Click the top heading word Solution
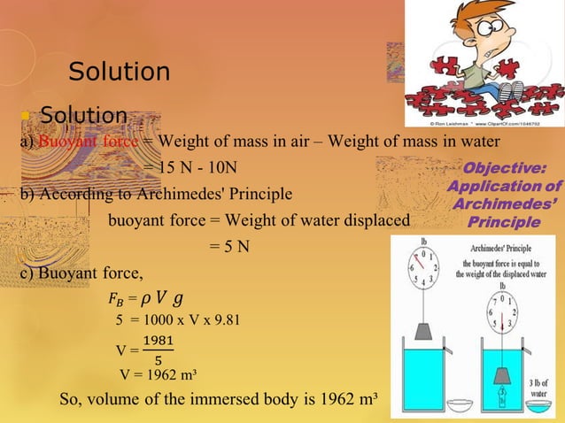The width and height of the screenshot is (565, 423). click(x=119, y=71)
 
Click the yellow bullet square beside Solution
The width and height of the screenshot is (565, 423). click(x=27, y=117)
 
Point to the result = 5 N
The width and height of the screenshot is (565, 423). click(x=229, y=246)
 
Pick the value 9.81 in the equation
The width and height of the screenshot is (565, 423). click(x=221, y=319)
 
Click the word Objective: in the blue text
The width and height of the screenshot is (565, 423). click(x=505, y=168)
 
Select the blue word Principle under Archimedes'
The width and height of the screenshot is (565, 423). click(x=504, y=222)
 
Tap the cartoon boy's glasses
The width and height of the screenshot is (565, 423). click(x=484, y=32)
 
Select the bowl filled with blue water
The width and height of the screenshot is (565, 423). click(x=541, y=408)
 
